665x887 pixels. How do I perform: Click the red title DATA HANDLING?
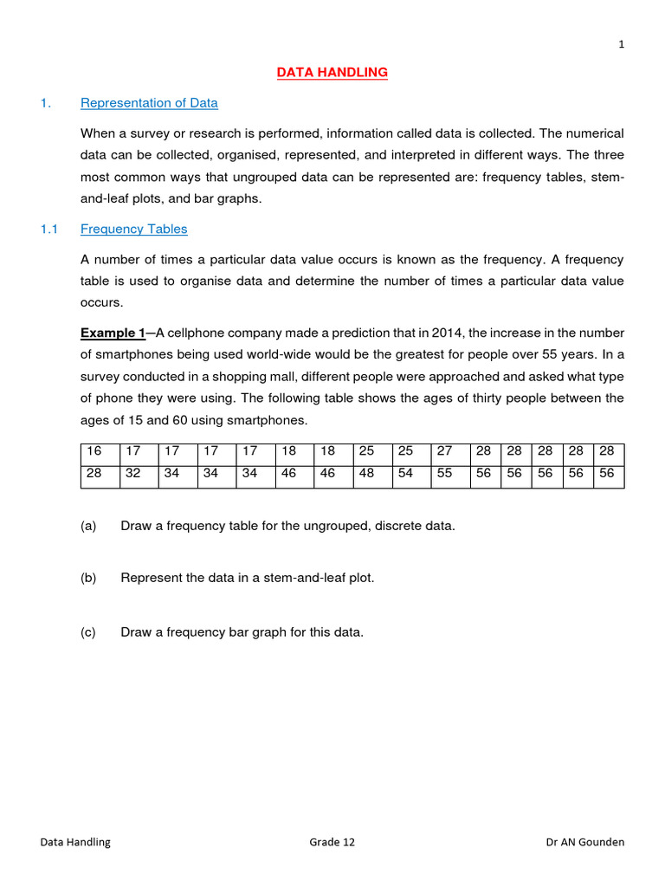[x=332, y=73]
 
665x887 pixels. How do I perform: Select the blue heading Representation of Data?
[x=149, y=103]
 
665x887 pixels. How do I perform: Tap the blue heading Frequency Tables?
[x=133, y=230]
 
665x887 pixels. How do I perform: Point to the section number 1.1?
[x=48, y=230]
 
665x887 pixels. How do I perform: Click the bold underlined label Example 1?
[x=113, y=333]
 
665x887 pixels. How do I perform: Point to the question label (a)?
[x=88, y=526]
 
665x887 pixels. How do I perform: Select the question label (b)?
[x=88, y=578]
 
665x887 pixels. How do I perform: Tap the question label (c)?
[x=88, y=632]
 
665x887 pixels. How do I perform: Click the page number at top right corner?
[x=621, y=46]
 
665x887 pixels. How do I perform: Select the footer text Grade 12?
[x=332, y=842]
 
